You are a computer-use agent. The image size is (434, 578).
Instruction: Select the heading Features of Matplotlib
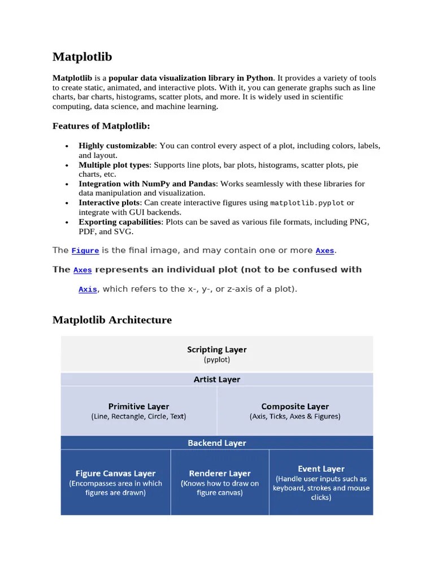tap(102, 126)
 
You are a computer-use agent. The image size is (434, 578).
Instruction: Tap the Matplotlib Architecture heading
tap(112, 320)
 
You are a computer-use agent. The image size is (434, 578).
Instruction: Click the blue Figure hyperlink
tap(85, 251)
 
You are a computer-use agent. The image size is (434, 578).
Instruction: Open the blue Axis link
tap(88, 290)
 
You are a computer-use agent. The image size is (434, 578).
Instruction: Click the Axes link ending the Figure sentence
tap(325, 251)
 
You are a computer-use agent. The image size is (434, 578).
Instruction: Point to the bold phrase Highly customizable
tap(116, 146)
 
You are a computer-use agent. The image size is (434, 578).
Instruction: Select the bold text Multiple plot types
tap(114, 165)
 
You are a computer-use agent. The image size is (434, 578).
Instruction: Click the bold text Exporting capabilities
tap(120, 222)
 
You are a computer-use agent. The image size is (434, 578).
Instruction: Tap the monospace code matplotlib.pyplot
tap(307, 203)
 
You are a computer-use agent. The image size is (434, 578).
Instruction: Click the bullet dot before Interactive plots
tap(67, 203)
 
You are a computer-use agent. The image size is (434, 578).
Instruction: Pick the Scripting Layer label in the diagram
tap(217, 349)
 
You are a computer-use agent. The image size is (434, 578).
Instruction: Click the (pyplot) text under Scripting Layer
tap(217, 360)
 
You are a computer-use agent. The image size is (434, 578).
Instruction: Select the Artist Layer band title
tap(217, 380)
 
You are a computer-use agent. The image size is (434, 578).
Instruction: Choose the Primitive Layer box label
tap(138, 406)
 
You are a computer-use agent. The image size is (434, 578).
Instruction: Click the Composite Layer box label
tap(295, 406)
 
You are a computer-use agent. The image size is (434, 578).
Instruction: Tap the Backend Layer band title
tap(217, 443)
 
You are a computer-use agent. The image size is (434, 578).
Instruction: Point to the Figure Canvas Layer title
tap(115, 474)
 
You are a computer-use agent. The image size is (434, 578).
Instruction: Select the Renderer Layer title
tap(220, 474)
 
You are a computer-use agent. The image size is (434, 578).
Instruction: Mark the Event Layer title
tap(321, 468)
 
